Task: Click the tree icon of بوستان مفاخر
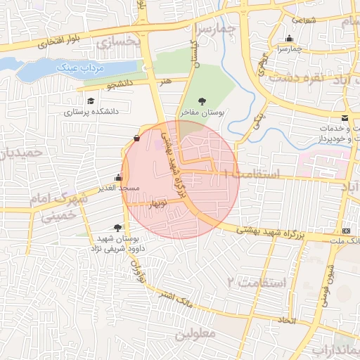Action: pos(203,101)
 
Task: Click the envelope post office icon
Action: pos(345,117)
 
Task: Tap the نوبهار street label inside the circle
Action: pos(156,203)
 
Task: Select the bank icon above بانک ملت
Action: pos(346,231)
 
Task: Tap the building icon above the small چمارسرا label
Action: pos(289,39)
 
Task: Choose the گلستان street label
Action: pos(192,53)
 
